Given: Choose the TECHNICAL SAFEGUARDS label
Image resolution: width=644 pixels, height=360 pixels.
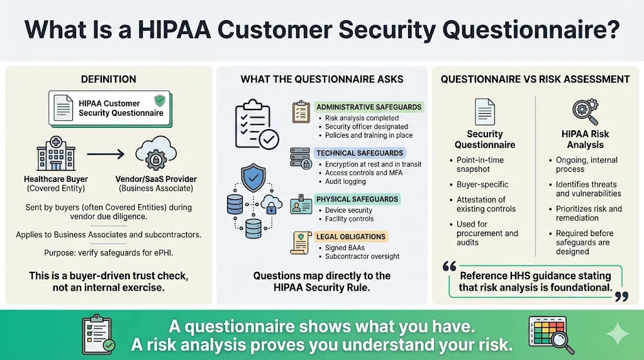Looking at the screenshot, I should tap(360, 153).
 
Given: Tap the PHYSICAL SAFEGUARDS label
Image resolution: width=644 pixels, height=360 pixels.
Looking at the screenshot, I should tap(357, 200).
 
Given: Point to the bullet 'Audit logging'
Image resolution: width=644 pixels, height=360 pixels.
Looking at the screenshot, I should tap(345, 181).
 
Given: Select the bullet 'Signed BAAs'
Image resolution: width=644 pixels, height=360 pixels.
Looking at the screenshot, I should tap(345, 247).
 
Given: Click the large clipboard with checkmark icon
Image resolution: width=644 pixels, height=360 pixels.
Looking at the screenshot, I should tap(251, 124).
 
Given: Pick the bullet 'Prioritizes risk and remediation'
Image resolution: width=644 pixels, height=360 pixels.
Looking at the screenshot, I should tap(588, 213).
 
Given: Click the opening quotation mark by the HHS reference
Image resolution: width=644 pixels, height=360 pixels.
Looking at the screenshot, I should tap(449, 266).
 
